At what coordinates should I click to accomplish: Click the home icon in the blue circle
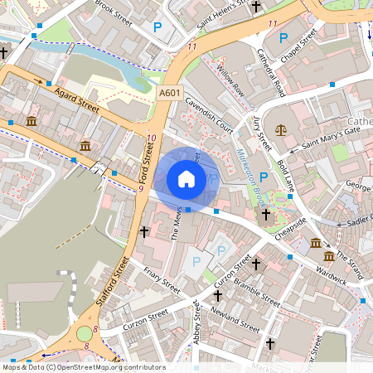186,178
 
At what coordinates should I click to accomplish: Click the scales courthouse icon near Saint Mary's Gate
280,129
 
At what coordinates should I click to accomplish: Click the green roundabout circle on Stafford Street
85,334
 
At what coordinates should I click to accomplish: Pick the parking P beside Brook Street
157,28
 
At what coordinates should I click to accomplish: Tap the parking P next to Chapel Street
283,37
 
